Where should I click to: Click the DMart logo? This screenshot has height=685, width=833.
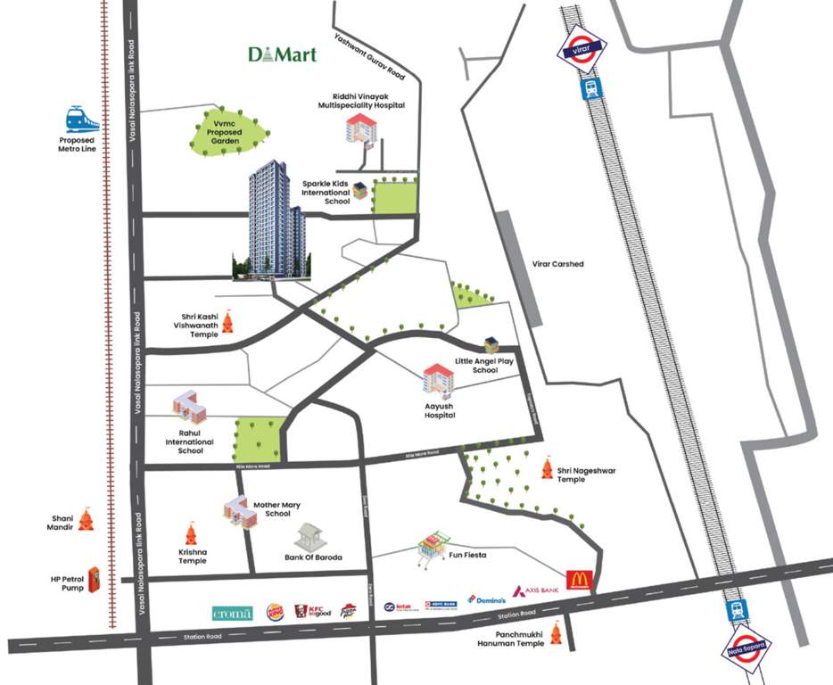(x=282, y=54)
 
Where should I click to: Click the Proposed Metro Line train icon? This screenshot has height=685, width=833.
(x=81, y=119)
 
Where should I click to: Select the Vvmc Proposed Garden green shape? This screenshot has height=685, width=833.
(x=228, y=131)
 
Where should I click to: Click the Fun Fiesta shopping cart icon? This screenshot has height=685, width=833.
(x=433, y=549)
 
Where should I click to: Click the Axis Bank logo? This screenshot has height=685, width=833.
(x=537, y=591)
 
